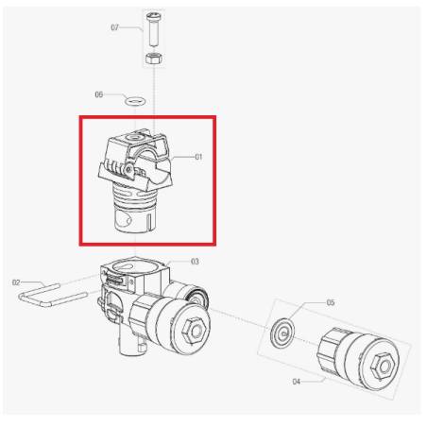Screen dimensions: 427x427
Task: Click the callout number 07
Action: point(114,27)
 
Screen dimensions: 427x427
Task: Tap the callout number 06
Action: point(99,94)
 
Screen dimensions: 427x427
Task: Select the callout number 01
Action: point(198,157)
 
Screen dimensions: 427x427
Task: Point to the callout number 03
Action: point(195,262)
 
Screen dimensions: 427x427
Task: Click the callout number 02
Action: point(16,282)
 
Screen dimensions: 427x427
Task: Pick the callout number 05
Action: point(331,302)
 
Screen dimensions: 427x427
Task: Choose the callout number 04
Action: point(297,382)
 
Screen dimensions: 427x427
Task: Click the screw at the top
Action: point(154,29)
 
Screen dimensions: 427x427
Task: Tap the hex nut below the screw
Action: point(154,59)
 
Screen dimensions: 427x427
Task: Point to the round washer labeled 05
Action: point(282,333)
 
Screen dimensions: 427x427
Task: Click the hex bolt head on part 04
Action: point(383,366)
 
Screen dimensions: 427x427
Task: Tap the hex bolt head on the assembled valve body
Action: point(195,332)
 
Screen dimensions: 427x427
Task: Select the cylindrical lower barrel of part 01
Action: point(135,217)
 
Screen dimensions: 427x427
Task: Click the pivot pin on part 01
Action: point(128,169)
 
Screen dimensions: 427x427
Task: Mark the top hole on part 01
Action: point(132,138)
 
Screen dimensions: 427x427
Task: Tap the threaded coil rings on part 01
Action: point(134,194)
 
